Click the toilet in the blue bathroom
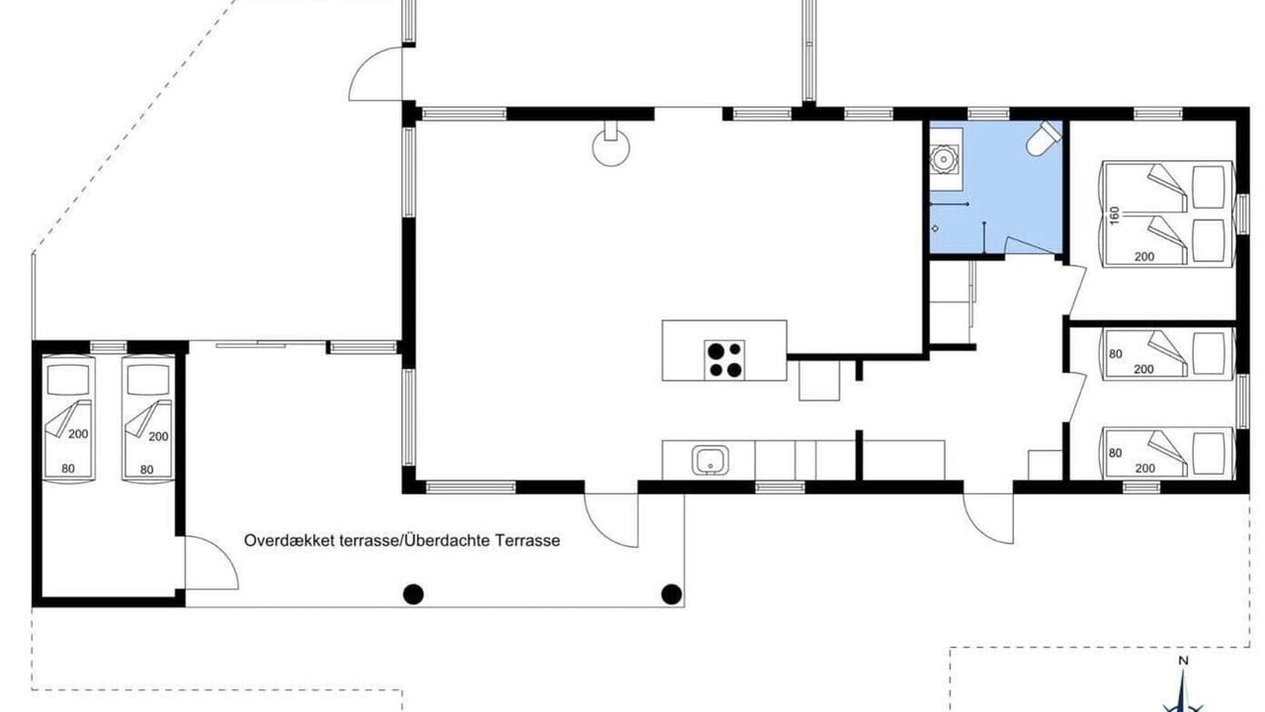[1043, 137]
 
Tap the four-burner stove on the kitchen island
[724, 359]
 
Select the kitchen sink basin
[710, 460]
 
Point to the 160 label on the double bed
[1114, 215]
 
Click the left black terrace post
[413, 594]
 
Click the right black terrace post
[671, 594]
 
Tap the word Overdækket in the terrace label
[290, 541]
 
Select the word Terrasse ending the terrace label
[528, 541]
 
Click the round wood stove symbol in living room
[611, 147]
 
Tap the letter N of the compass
[1184, 661]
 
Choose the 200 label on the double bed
[1144, 256]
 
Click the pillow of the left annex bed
[68, 379]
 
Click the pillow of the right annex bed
[148, 379]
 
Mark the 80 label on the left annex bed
[68, 469]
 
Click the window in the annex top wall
[109, 347]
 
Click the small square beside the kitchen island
[819, 381]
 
